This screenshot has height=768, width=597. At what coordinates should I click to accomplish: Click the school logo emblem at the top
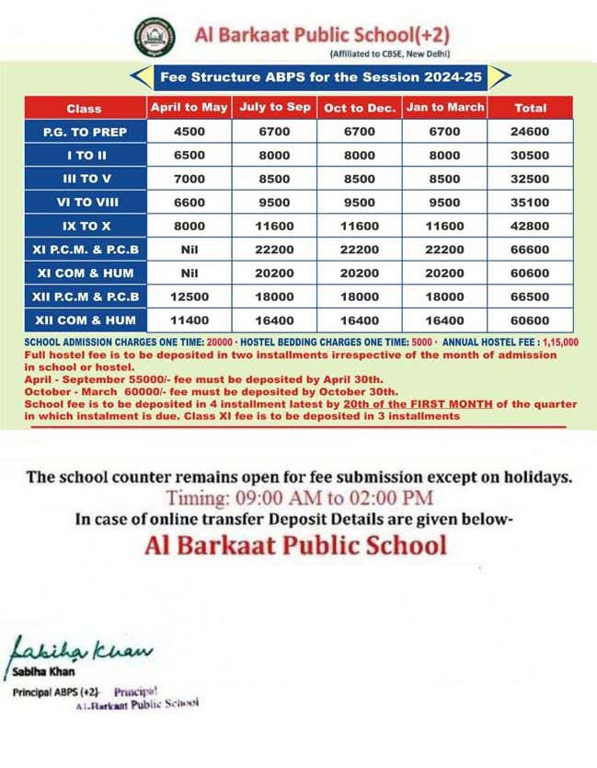tap(155, 38)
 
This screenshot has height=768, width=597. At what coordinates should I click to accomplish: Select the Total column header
tap(530, 108)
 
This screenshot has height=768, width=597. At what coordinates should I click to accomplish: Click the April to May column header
tap(189, 108)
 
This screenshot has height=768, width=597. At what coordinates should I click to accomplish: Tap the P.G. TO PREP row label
tap(85, 132)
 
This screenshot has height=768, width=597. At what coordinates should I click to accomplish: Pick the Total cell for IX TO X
tap(530, 226)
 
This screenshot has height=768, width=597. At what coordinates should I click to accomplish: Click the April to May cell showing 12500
tap(189, 297)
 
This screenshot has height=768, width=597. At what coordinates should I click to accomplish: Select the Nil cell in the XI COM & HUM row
tap(189, 273)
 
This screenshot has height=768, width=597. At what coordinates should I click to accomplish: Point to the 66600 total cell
tap(530, 250)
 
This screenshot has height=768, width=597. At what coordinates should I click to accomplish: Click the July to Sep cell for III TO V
tap(274, 179)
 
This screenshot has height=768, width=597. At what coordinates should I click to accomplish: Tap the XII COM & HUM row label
tap(85, 320)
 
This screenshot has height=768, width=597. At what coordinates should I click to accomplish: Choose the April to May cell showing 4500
tap(189, 132)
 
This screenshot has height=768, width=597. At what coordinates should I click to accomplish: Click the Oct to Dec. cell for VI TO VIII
tap(360, 203)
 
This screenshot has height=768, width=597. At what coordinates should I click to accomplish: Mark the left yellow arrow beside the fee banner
tap(138, 76)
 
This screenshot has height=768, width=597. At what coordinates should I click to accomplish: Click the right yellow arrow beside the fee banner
tap(499, 76)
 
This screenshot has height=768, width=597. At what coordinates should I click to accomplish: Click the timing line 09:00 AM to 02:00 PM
tap(298, 498)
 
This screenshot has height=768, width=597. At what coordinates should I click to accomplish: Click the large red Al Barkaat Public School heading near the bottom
tap(295, 544)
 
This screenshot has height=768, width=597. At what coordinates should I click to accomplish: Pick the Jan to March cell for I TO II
tap(445, 156)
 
